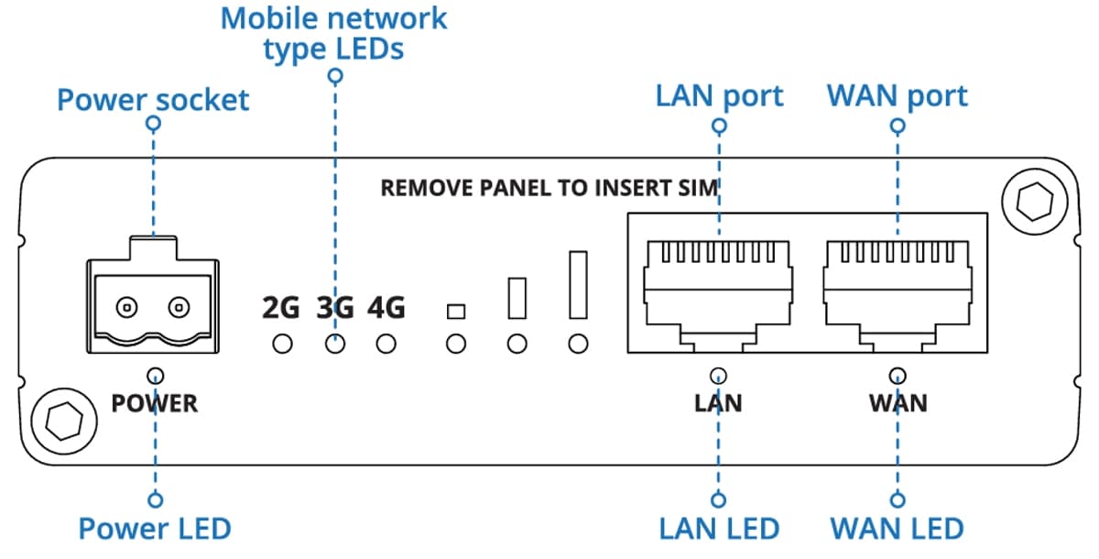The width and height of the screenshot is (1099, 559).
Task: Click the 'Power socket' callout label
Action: tap(153, 99)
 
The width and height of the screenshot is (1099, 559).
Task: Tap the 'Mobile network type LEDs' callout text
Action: tap(334, 32)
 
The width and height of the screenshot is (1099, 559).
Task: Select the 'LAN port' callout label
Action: tap(719, 95)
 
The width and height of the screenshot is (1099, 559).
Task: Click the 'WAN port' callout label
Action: tap(897, 95)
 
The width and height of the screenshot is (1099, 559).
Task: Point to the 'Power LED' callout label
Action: tap(154, 529)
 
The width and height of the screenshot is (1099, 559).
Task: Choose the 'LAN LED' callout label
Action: tap(719, 529)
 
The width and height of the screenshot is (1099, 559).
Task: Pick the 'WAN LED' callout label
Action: tap(897, 529)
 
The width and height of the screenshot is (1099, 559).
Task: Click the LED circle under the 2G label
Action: tap(283, 345)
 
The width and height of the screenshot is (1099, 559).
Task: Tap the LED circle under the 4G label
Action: tap(386, 345)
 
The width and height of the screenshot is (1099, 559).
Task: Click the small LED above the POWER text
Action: tap(156, 375)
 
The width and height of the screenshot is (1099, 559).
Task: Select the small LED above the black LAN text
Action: tap(719, 375)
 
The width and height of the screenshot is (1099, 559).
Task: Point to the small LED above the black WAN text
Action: tap(898, 375)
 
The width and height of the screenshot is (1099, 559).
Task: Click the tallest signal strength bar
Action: tap(577, 284)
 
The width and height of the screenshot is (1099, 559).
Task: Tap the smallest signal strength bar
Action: tap(455, 312)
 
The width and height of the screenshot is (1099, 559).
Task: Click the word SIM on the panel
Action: tap(701, 188)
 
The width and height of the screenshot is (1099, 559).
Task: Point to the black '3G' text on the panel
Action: tap(334, 308)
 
